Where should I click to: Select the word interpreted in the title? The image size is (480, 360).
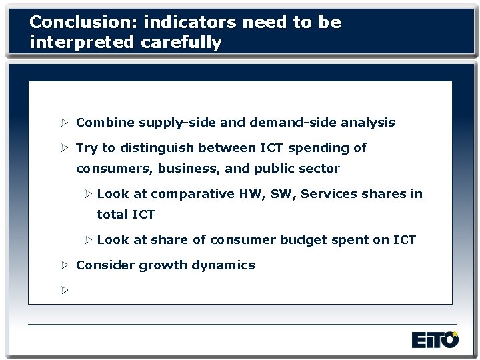pos(81,43)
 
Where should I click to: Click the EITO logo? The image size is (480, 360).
pos(435,340)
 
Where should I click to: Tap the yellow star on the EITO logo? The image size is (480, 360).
pos(455,333)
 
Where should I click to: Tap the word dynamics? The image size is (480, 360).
pos(223,265)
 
